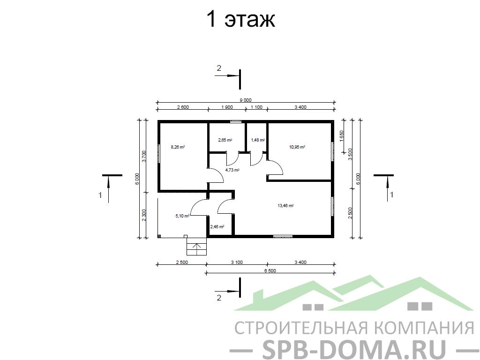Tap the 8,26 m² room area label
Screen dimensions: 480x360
click(x=178, y=147)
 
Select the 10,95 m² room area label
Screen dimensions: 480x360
click(x=297, y=147)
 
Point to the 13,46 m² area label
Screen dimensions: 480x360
click(x=285, y=206)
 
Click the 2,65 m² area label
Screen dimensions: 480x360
click(x=225, y=140)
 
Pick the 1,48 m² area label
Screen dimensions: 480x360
click(x=258, y=140)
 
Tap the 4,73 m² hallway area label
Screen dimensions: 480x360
click(x=232, y=170)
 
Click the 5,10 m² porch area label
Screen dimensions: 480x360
click(x=182, y=216)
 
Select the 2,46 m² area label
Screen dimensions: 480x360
click(x=217, y=227)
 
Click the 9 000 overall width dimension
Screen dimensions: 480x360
click(x=246, y=100)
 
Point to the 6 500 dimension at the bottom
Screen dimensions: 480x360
click(x=270, y=270)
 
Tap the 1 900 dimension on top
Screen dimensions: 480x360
click(x=227, y=107)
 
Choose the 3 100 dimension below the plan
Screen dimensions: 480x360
click(x=237, y=262)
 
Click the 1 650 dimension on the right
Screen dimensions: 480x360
click(x=342, y=136)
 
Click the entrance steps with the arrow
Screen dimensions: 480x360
click(x=197, y=247)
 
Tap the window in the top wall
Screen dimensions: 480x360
click(x=236, y=121)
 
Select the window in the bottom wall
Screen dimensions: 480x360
click(x=283, y=236)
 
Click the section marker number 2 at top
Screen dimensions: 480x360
click(x=219, y=68)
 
